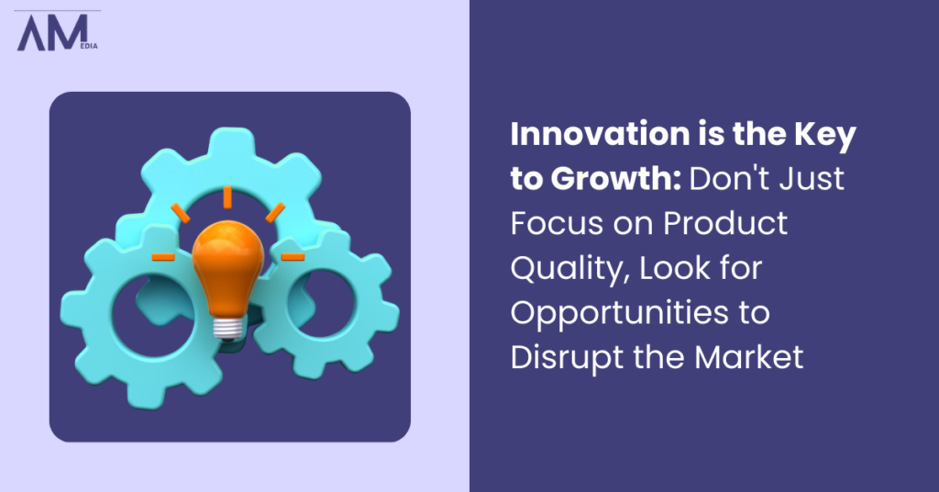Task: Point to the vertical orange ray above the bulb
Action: [x=225, y=196]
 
